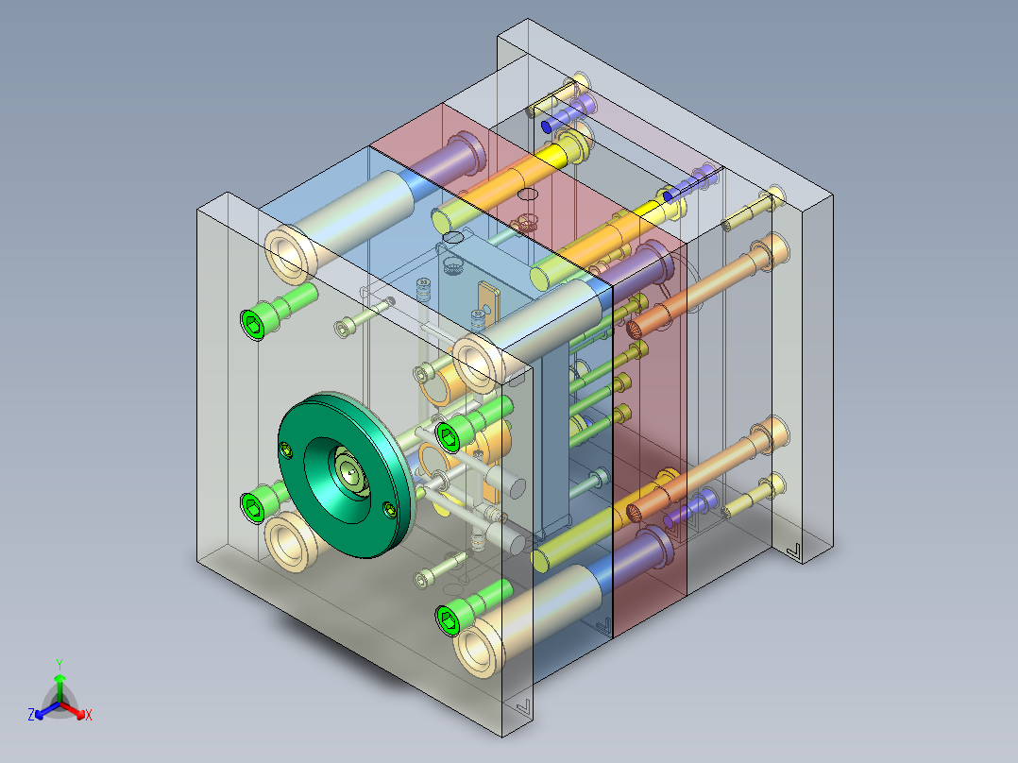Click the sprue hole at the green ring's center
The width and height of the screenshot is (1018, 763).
click(x=351, y=473)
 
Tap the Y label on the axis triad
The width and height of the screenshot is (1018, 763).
click(x=59, y=665)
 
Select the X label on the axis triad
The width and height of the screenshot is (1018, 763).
click(x=89, y=715)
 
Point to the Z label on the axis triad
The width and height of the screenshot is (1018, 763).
click(x=31, y=715)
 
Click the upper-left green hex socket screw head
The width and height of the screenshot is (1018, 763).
click(x=253, y=324)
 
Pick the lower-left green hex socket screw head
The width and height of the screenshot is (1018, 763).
click(x=252, y=506)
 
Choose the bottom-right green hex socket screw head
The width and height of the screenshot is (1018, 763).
click(x=449, y=620)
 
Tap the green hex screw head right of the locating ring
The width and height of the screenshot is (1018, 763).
click(x=449, y=435)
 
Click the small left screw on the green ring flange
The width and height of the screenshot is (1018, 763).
click(x=285, y=449)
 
